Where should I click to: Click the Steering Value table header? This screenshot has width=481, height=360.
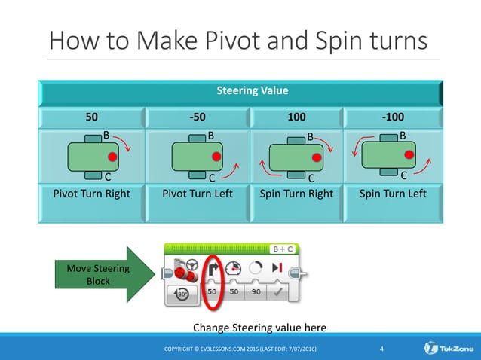click(x=241, y=91)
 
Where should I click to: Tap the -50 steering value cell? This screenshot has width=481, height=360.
click(x=195, y=118)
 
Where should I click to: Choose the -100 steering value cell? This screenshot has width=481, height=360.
click(x=392, y=118)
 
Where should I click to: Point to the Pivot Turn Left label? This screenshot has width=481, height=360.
click(x=195, y=194)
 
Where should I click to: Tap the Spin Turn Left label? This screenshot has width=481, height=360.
click(x=392, y=194)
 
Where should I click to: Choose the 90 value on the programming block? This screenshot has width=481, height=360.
click(x=256, y=291)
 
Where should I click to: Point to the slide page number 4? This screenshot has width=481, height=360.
click(x=382, y=348)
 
